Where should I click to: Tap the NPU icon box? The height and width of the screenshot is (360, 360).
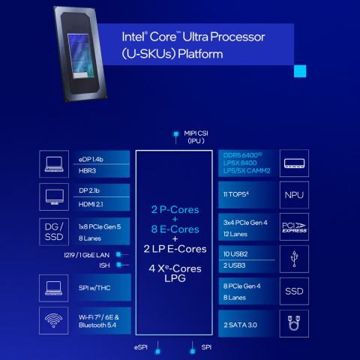pos(292,195)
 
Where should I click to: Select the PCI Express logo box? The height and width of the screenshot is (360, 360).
pos(292,227)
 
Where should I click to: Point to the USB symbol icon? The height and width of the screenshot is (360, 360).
pos(292,259)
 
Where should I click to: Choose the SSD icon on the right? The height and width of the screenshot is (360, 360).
pos(292,291)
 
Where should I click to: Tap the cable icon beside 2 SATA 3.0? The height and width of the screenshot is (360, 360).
pos(292,323)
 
